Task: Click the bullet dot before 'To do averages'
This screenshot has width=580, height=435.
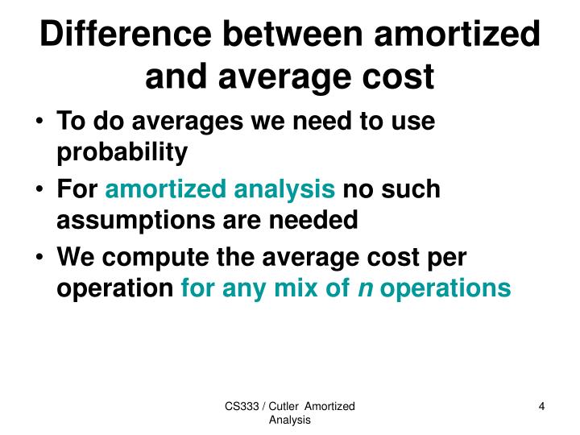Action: (41, 122)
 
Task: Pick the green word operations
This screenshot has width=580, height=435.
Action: (445, 288)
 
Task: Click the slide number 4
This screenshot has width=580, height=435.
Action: (542, 407)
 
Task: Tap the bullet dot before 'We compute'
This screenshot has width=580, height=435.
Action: (41, 259)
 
